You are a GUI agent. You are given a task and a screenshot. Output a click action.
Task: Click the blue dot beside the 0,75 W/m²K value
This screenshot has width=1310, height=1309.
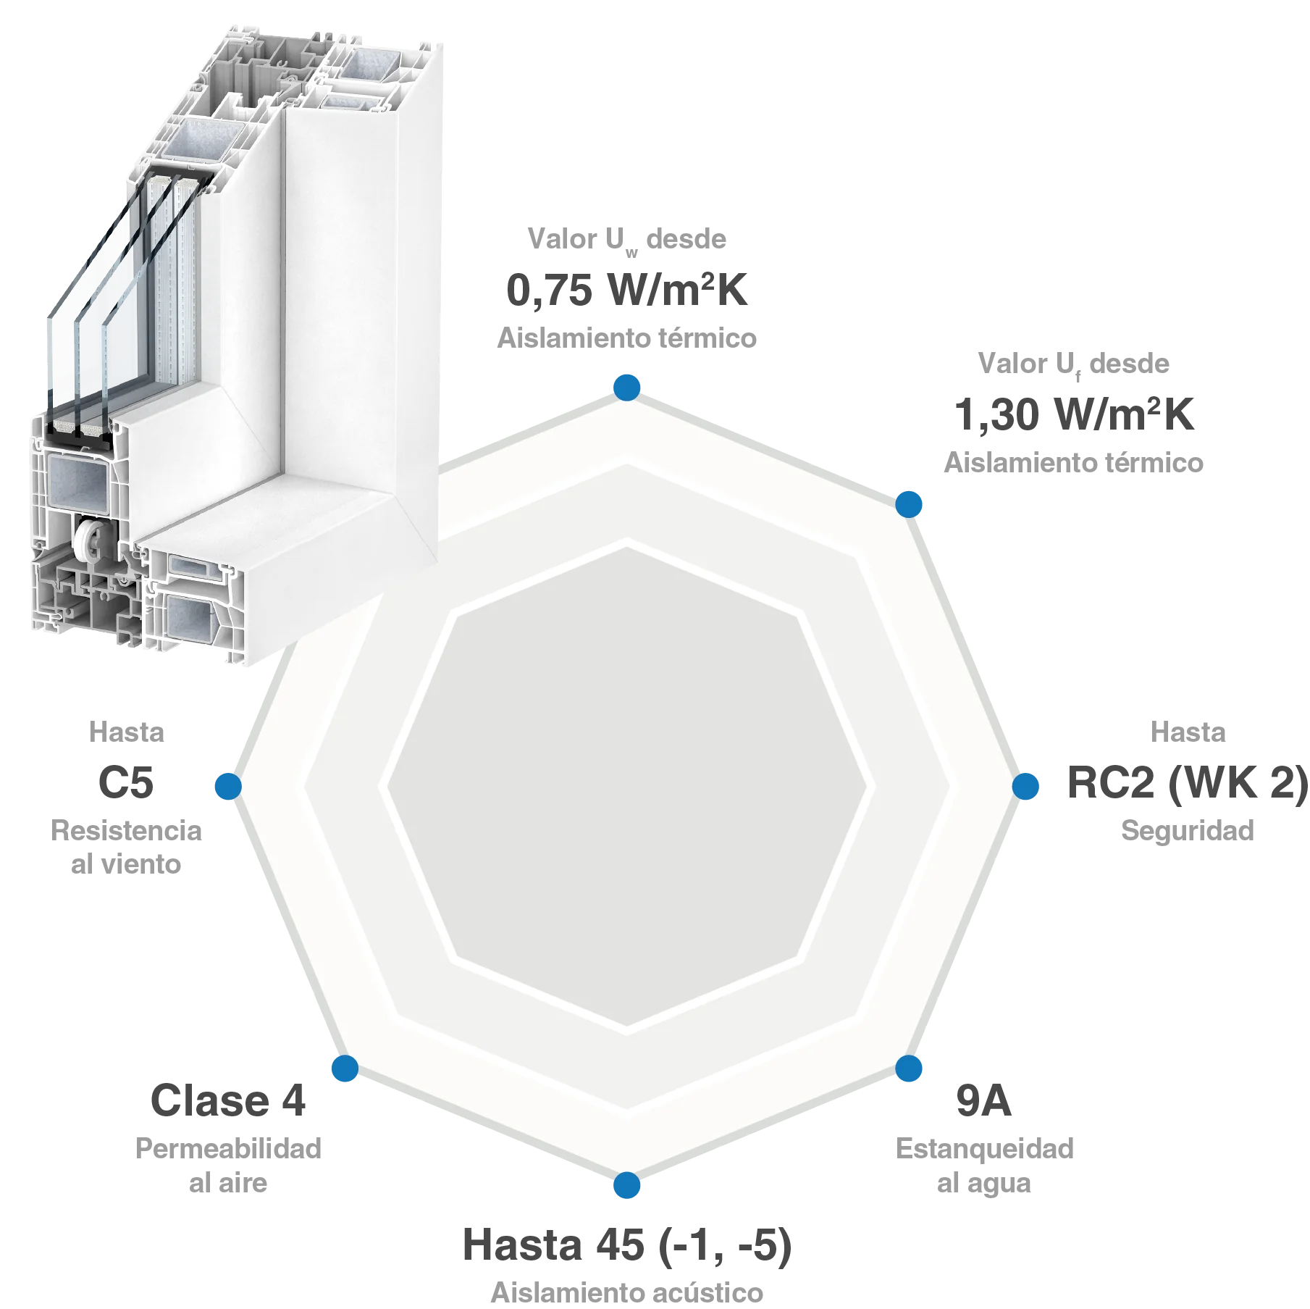coord(627,386)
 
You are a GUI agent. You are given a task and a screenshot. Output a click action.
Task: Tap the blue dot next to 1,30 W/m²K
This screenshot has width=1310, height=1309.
coord(910,503)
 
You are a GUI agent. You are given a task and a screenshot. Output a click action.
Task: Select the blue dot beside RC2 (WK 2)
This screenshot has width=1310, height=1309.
coord(1026,786)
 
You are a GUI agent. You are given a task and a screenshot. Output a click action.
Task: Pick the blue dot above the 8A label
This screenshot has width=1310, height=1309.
coord(910,1069)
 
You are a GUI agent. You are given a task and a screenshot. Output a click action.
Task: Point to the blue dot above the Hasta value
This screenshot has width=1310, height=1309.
coord(627,1186)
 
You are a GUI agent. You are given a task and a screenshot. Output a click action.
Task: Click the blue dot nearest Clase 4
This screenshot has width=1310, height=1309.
coord(345,1069)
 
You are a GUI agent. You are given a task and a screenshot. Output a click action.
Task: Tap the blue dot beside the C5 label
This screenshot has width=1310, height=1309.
coord(228,786)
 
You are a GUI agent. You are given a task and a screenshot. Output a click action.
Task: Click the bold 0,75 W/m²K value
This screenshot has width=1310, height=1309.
coord(627,290)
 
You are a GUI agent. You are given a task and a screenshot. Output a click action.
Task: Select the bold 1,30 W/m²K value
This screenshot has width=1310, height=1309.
coord(1076,415)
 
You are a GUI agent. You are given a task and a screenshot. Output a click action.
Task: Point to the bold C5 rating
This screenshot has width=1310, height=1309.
coord(127,782)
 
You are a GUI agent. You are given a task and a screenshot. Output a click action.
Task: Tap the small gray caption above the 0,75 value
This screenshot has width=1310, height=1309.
coord(627,239)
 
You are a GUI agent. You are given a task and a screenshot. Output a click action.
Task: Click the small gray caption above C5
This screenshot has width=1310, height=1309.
coord(127,732)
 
